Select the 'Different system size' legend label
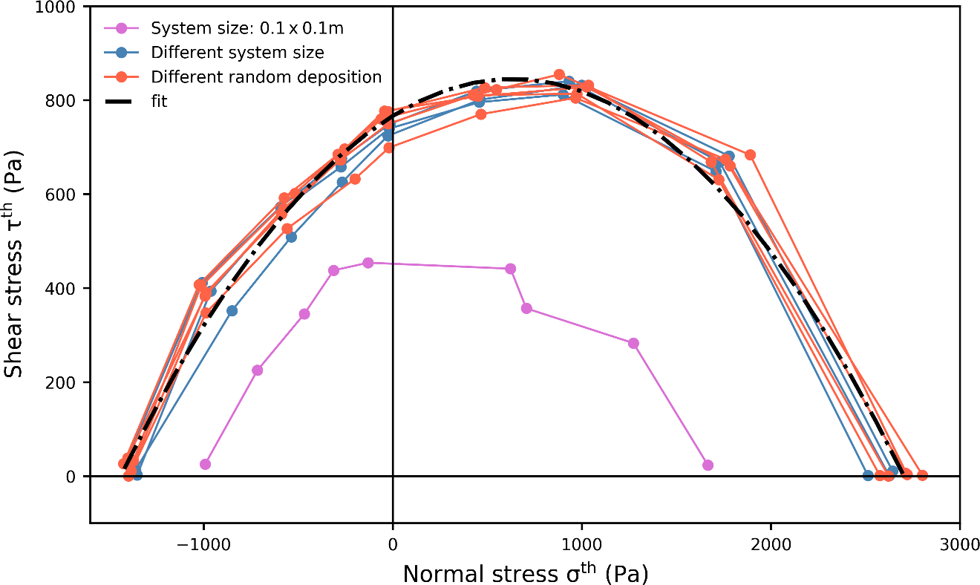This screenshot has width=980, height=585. (237, 53)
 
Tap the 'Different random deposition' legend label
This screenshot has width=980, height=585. (266, 77)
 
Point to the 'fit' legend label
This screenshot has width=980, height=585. (159, 101)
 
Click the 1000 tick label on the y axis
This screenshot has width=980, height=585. (58, 7)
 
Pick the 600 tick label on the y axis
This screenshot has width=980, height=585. (65, 195)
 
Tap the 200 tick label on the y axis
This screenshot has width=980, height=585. (65, 382)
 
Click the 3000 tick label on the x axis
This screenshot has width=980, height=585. (959, 542)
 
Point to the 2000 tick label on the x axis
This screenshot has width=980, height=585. (771, 542)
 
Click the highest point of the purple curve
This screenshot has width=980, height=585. (367, 263)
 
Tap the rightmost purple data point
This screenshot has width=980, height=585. (708, 465)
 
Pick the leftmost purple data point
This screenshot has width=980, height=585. (205, 464)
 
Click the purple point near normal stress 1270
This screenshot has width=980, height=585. (633, 343)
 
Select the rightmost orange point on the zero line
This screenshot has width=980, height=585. (922, 475)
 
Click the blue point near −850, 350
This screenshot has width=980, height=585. (232, 310)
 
